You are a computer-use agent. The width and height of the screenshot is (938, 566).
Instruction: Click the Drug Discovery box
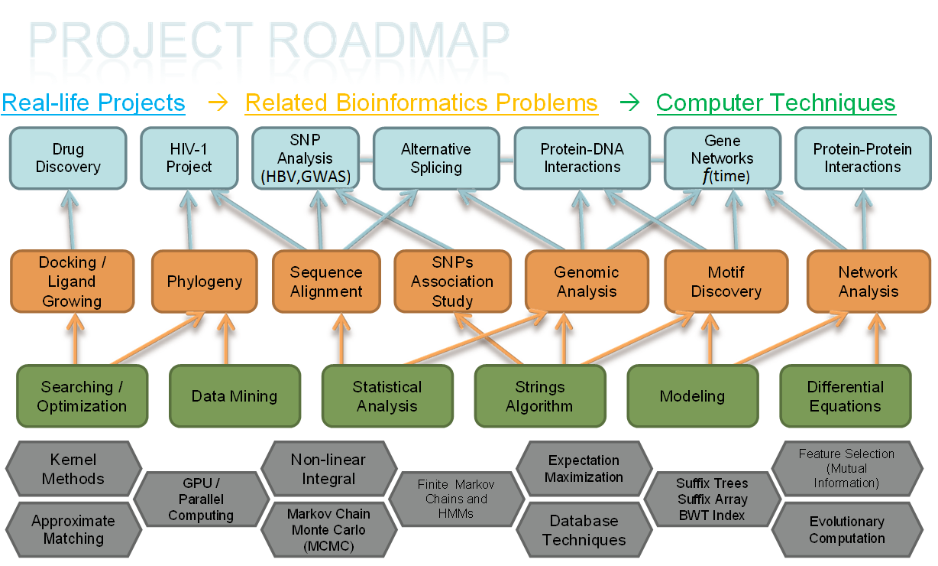(x=68, y=158)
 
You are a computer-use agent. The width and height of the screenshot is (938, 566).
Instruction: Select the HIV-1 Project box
(x=189, y=158)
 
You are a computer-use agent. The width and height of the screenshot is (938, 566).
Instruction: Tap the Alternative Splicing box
(x=436, y=158)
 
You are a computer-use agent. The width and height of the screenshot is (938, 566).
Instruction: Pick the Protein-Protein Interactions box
(x=862, y=158)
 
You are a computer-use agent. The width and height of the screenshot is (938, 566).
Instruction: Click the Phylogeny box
(x=204, y=281)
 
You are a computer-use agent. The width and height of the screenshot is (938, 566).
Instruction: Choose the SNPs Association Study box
(x=452, y=281)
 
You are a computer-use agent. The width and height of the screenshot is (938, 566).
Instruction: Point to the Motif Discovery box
(x=726, y=281)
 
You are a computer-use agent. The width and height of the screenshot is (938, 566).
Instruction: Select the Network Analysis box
(x=868, y=281)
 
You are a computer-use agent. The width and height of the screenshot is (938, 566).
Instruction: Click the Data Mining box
(x=234, y=396)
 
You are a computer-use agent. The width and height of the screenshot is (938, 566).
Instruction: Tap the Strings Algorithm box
(x=539, y=396)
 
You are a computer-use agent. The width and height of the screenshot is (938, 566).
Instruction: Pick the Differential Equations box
(x=845, y=396)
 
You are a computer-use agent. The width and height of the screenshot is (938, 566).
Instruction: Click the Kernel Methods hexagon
(x=73, y=470)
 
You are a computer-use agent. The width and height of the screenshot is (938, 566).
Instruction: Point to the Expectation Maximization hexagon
(x=584, y=469)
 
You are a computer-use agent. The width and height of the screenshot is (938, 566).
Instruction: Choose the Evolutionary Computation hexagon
(x=846, y=530)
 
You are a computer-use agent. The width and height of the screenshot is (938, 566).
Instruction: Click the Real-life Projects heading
(x=93, y=103)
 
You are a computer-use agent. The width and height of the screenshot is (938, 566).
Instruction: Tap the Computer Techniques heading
(x=775, y=103)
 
